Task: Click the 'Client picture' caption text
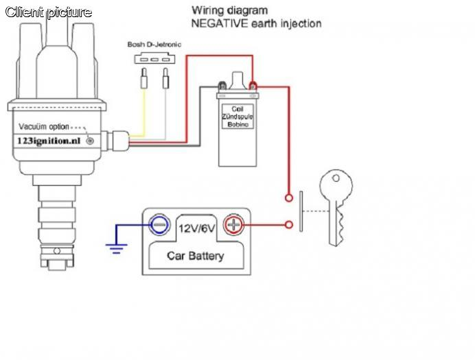(49, 12)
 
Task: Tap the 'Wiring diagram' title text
(230, 10)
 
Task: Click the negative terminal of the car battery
(159, 224)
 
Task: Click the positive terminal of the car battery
(235, 224)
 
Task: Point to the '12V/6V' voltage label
(196, 227)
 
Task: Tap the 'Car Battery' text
(196, 256)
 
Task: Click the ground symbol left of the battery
(118, 245)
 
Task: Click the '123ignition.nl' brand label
(47, 139)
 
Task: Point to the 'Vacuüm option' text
(44, 127)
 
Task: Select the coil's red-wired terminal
(253, 86)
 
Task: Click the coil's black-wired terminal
(222, 86)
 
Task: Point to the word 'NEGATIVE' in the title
(218, 23)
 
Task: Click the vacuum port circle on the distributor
(89, 140)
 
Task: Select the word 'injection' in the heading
(297, 23)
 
